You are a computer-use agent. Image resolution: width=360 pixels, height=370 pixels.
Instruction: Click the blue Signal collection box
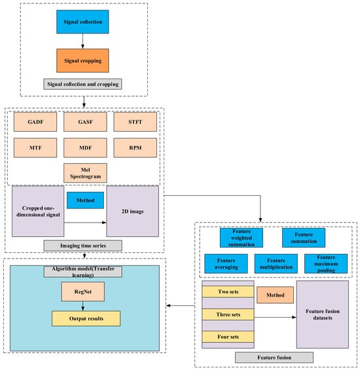point(82,22)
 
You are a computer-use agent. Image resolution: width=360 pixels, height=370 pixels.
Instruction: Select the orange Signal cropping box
point(82,61)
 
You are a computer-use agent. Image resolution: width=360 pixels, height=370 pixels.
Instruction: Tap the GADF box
point(35,122)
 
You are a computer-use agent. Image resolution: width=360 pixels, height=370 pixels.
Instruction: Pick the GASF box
point(85,122)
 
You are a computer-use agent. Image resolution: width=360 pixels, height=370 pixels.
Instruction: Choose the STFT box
point(135,122)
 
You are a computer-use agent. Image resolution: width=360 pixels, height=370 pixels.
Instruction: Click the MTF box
point(35,148)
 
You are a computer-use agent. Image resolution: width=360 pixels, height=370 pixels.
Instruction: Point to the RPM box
point(135,148)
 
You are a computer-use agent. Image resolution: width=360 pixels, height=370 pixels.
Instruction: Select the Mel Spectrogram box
point(85,173)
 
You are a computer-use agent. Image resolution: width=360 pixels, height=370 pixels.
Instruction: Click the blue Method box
point(85,200)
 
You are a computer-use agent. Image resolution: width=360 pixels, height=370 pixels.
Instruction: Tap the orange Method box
point(275,295)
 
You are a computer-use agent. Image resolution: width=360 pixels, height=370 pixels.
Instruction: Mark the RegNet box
point(83,291)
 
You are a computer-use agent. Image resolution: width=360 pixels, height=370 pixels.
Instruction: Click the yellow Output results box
point(86,318)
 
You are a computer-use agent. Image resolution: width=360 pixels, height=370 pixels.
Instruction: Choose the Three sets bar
point(228,314)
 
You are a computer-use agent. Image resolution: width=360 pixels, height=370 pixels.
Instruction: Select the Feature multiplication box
point(276,264)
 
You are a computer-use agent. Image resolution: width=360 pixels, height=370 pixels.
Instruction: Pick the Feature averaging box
point(226,264)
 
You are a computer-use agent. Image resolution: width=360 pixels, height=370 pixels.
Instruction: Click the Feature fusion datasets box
point(323,314)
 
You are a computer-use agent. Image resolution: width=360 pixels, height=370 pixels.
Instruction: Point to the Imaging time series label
point(83,246)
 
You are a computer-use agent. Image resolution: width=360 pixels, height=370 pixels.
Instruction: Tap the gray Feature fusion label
point(274,358)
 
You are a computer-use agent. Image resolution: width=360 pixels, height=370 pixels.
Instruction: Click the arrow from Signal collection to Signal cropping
point(82,41)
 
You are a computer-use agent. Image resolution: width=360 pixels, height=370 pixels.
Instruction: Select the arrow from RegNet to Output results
point(83,306)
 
